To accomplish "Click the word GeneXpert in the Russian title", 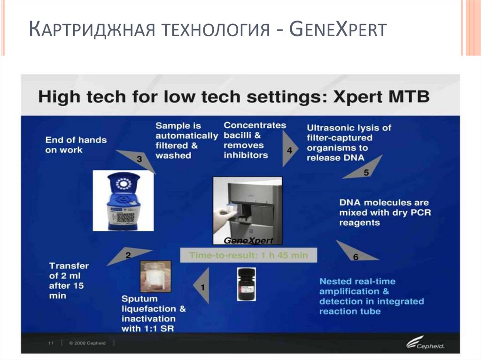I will pyautogui.click(x=338, y=31).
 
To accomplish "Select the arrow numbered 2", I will pyautogui.click(x=124, y=255).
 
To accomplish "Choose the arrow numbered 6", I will pyautogui.click(x=355, y=254).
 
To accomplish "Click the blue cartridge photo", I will pyautogui.click(x=123, y=201).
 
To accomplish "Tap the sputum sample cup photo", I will pyautogui.click(x=155, y=276).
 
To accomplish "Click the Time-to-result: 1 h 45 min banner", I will pyautogui.click(x=248, y=255).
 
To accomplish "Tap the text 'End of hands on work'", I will pyautogui.click(x=76, y=145).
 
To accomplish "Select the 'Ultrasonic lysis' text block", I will pyautogui.click(x=349, y=142).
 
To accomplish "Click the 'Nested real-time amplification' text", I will pyautogui.click(x=371, y=296).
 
